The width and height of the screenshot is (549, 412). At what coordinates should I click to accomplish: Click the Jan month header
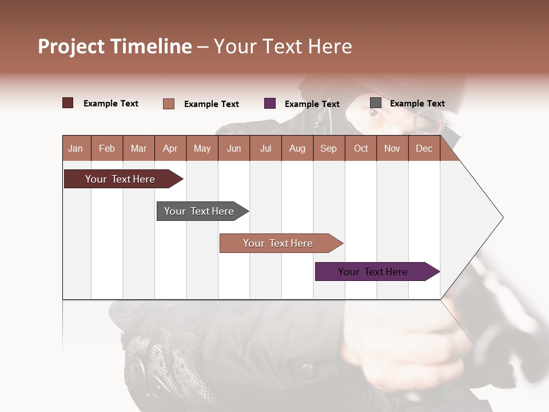click(75, 148)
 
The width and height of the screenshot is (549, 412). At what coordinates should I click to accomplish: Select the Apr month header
click(170, 148)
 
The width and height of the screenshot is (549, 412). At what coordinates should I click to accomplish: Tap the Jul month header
click(265, 148)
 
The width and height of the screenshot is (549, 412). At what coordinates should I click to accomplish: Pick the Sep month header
click(328, 148)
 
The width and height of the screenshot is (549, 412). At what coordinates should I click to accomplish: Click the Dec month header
click(424, 148)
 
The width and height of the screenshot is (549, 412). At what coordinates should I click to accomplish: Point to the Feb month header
click(107, 148)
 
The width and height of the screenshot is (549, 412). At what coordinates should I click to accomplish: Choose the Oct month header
click(361, 148)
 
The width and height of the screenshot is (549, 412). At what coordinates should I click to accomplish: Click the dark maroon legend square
click(67, 103)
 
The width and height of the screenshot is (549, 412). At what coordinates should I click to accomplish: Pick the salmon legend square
click(169, 104)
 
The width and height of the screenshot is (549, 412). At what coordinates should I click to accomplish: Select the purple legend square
click(270, 103)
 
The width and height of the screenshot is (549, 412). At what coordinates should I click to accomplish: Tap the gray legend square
click(376, 103)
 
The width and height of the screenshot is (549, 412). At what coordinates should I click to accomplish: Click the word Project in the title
click(71, 46)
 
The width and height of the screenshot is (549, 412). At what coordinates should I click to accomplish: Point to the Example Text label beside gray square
click(417, 104)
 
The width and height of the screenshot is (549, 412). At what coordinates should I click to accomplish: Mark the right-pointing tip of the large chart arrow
click(502, 217)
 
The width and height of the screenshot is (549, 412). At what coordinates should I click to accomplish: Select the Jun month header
click(234, 148)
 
